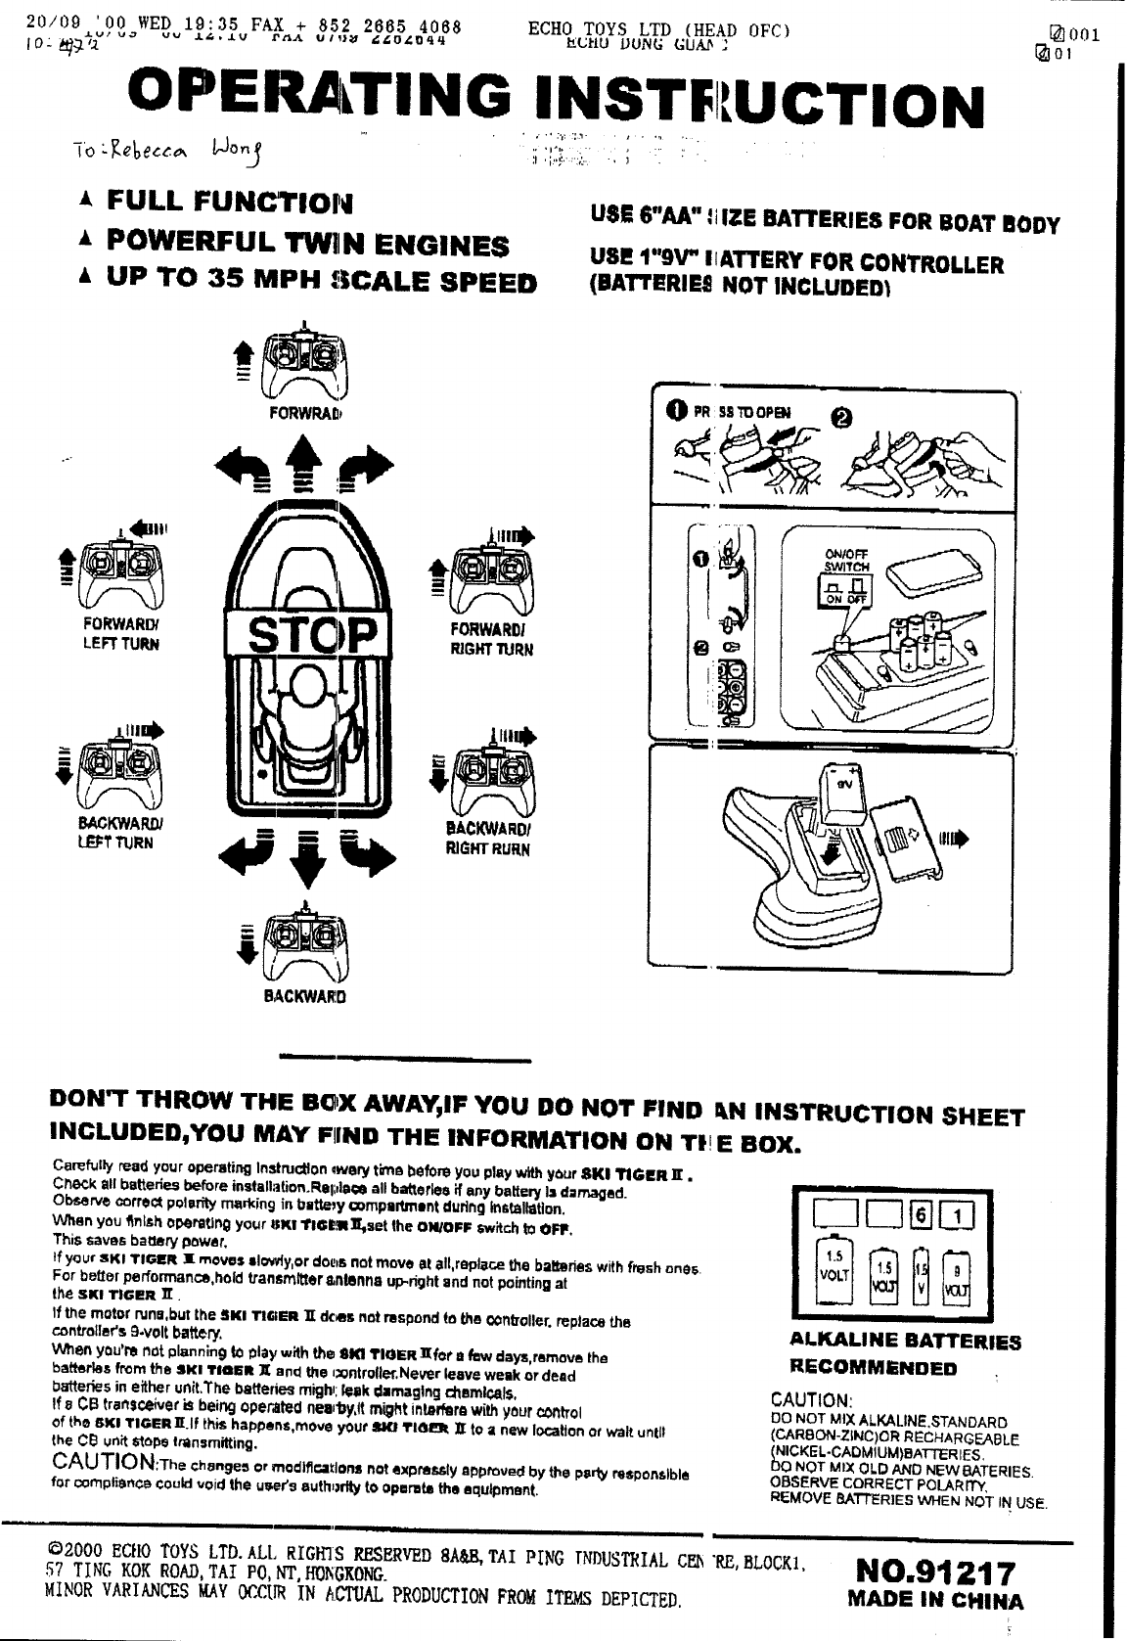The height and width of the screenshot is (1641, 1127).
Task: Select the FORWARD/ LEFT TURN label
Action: [x=121, y=635]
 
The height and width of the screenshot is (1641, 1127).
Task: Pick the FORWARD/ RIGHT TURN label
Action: [x=491, y=638]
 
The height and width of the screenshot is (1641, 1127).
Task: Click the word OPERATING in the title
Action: [x=324, y=100]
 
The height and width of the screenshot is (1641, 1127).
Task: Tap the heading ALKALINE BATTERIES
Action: [x=905, y=1341]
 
